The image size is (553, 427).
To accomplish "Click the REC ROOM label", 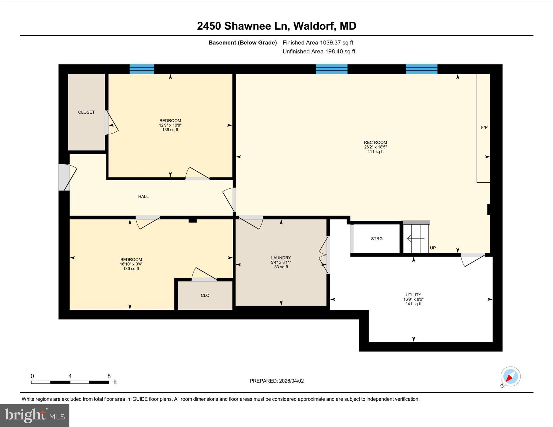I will point(375,142).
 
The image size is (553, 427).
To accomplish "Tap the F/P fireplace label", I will point(484,127).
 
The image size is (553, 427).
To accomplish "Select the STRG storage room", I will point(377,239).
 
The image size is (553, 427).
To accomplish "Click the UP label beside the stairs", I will point(433,248).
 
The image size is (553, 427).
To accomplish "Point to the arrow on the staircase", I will point(415,239).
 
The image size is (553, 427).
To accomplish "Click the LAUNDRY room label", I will point(281,258).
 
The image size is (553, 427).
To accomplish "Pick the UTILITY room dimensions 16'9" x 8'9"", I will point(413,299).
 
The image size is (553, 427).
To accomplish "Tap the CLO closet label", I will point(205,295).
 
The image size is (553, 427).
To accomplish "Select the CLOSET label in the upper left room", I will point(86,112).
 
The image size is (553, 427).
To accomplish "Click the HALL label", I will point(143,196).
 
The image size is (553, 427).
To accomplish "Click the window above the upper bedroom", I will point(141,69).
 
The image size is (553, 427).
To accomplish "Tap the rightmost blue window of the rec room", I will point(421,69).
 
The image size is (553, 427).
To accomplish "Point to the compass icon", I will point(510,377).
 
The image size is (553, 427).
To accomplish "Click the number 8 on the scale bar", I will point(109,376).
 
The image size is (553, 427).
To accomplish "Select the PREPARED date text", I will point(276,381).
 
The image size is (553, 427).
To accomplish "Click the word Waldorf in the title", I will point(314,26).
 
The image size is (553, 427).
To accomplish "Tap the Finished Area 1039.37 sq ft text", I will point(318,43).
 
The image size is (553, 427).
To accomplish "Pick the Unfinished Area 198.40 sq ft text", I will point(319,52).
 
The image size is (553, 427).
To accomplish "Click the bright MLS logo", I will point(35,415).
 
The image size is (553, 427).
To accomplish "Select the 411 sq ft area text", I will point(375,152).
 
